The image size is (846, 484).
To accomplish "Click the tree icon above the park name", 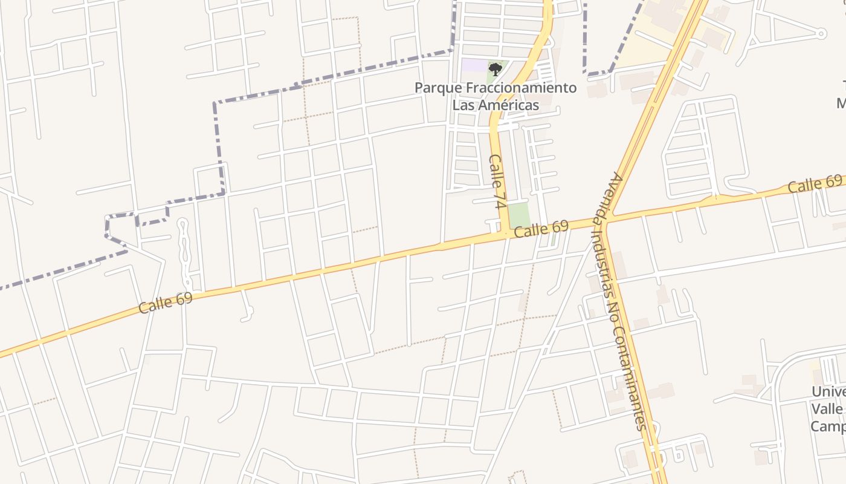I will [496, 69].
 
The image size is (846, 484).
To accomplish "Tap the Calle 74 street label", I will [498, 181].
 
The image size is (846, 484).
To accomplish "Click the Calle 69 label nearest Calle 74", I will [541, 229].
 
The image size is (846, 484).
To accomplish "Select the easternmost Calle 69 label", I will [815, 184].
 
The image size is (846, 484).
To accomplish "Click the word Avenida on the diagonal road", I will [614, 194].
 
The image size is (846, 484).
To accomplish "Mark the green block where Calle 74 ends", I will [518, 215].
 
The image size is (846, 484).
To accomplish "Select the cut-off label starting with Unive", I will [829, 392].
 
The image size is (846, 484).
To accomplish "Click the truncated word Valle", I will [828, 409].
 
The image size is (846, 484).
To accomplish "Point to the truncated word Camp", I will [828, 427].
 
